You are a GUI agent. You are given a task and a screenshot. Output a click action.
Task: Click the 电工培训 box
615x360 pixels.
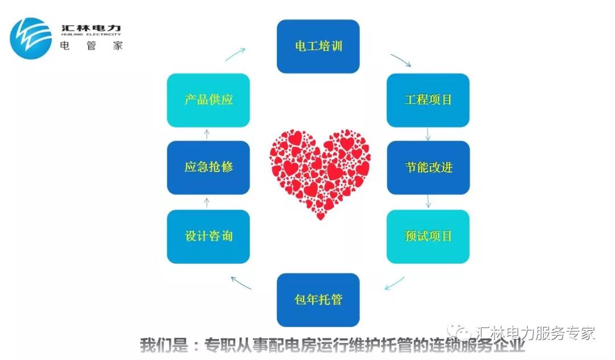(x=318, y=46)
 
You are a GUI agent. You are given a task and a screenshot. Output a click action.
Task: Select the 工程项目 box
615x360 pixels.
(x=428, y=100)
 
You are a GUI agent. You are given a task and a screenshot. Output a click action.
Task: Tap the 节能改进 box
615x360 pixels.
(x=428, y=167)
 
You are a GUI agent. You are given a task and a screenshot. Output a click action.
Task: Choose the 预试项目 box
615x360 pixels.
(x=428, y=236)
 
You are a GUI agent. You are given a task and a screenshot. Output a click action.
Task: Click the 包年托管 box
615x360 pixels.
(x=318, y=300)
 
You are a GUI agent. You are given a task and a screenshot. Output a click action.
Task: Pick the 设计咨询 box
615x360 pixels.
(x=208, y=236)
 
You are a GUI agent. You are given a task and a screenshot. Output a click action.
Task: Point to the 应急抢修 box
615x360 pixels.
(x=208, y=167)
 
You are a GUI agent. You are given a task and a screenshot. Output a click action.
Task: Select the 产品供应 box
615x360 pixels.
(x=208, y=100)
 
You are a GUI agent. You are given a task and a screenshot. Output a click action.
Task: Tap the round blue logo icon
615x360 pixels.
(x=31, y=38)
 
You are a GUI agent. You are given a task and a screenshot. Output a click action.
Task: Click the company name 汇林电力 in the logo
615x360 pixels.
(x=91, y=28)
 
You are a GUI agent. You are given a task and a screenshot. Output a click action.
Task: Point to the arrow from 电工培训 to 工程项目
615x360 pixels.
(x=400, y=60)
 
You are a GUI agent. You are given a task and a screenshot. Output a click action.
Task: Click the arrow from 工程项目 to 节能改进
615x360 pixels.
(x=428, y=134)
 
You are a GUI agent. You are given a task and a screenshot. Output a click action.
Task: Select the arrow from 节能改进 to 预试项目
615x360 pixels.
(x=428, y=202)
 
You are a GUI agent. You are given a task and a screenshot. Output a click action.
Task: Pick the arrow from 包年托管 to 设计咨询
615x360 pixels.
(x=241, y=282)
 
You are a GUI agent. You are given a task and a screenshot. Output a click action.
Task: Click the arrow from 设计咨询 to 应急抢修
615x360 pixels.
(x=207, y=202)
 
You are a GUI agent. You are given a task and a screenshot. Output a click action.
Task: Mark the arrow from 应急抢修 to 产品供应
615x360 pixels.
(x=207, y=134)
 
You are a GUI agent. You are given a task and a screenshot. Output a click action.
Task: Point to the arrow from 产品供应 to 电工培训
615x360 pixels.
(x=235, y=55)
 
